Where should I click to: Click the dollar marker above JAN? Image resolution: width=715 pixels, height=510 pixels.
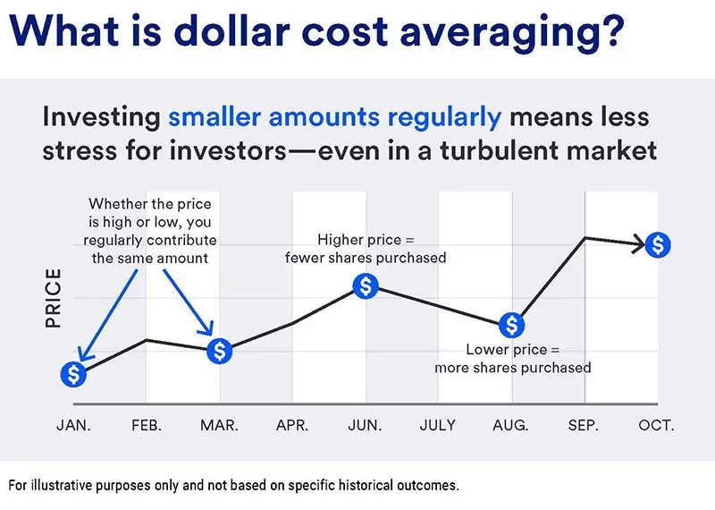tap(73, 374)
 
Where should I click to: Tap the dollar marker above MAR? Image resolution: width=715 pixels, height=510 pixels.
tap(220, 351)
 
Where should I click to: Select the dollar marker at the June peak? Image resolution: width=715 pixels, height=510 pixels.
tap(366, 286)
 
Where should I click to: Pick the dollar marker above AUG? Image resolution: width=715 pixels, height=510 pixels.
tap(511, 324)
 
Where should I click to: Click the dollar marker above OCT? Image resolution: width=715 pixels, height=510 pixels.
tap(658, 243)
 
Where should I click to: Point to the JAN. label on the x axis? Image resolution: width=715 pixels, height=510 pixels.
tap(73, 426)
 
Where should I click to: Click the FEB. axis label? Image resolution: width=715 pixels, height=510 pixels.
tap(147, 426)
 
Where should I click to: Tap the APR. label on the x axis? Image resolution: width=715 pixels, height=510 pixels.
tap(292, 426)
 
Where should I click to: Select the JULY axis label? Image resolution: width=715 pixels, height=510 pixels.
tap(438, 426)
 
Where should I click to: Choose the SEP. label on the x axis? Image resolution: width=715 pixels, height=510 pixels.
tap(584, 426)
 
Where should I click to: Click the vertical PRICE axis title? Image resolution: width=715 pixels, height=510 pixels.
tap(54, 298)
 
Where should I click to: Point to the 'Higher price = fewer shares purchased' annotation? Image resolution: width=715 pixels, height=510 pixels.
tap(366, 249)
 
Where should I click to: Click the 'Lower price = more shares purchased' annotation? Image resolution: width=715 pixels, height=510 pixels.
tap(512, 358)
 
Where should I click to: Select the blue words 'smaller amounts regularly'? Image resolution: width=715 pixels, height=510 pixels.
tap(334, 117)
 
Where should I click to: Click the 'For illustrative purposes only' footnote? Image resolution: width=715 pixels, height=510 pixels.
tap(234, 486)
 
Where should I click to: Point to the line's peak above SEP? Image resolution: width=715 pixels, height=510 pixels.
tap(585, 238)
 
